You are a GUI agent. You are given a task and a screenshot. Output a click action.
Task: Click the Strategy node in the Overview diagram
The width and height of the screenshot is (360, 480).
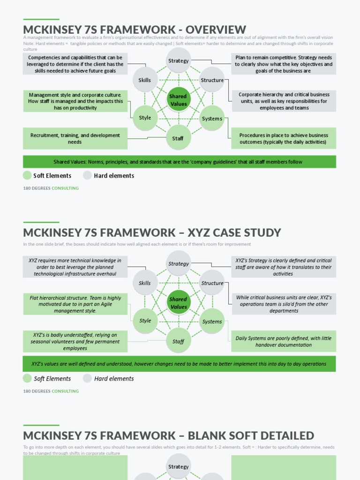click(178, 61)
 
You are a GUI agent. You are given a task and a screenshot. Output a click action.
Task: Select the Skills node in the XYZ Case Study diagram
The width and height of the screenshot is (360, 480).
click(145, 283)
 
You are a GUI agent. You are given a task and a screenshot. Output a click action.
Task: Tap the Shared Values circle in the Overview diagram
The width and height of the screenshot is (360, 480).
click(178, 100)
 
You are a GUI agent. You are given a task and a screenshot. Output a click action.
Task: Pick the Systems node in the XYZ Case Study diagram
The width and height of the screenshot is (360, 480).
click(212, 322)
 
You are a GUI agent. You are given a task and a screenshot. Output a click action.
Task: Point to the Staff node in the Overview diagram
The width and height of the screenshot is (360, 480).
click(178, 138)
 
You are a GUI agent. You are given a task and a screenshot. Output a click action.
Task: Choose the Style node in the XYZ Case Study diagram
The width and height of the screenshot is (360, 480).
click(145, 321)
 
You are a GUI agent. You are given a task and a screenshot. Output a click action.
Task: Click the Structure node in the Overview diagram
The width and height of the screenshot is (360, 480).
click(212, 80)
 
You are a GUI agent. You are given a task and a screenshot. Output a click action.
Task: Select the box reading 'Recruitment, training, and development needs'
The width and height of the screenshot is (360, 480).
click(75, 139)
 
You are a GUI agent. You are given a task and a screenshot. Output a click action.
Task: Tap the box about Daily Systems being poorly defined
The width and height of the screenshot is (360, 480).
click(284, 341)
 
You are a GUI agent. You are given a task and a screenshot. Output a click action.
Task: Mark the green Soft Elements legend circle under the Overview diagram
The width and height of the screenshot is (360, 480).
click(27, 175)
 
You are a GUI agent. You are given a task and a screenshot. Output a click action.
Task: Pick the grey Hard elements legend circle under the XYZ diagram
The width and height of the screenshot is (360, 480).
click(88, 378)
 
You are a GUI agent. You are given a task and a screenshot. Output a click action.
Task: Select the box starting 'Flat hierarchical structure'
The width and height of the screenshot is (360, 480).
click(75, 304)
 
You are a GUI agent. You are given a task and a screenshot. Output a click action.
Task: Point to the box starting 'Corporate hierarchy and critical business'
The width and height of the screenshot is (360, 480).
click(284, 101)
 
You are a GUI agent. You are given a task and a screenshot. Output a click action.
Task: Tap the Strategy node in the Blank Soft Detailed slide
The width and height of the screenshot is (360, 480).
click(178, 467)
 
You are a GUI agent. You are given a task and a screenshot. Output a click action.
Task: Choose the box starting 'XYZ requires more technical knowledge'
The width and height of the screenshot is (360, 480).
click(75, 267)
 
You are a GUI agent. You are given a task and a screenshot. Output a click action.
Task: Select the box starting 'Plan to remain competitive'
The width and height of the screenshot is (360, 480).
click(284, 64)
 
